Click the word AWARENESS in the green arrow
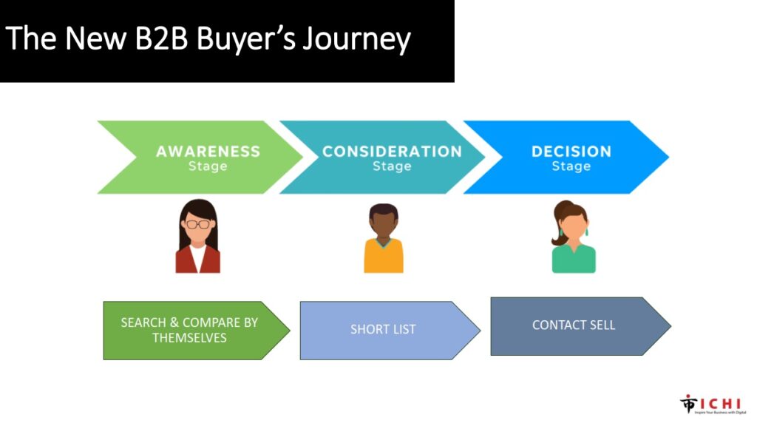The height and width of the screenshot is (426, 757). point(208,151)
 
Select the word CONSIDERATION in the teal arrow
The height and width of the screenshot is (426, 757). point(392,151)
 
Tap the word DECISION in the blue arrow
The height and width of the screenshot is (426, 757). point(571,151)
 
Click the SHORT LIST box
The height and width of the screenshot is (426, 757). point(383,330)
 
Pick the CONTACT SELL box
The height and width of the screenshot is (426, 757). point(574,325)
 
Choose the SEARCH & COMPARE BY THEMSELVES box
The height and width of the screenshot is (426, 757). point(189,330)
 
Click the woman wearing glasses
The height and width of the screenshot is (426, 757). point(197,237)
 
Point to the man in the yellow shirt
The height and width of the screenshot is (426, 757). point(384,239)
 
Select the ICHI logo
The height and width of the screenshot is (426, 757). point(713,404)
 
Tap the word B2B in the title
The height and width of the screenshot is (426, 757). point(155,39)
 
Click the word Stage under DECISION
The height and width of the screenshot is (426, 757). point(571,166)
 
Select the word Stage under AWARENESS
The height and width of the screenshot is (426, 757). point(208,166)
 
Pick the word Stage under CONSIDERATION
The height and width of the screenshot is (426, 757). point(392,166)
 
